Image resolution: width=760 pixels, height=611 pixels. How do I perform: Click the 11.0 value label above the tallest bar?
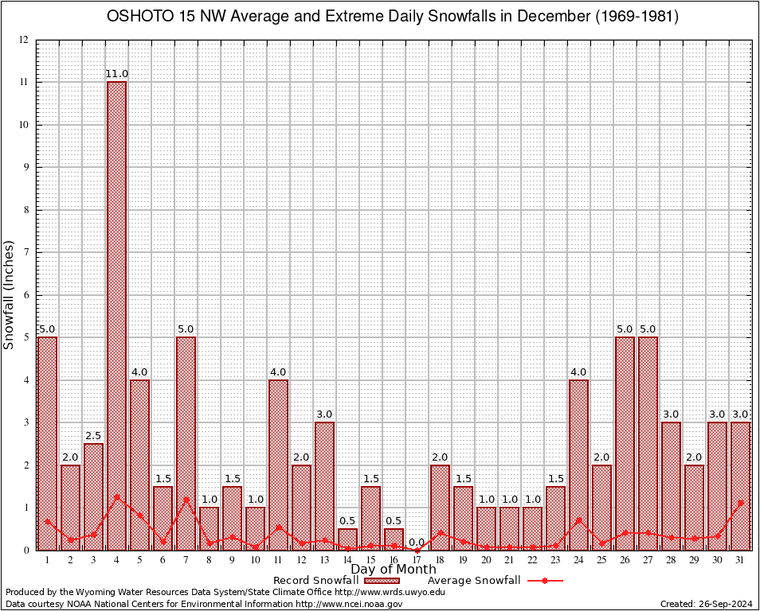point(117,74)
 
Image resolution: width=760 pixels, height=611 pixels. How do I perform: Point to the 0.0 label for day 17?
point(417,543)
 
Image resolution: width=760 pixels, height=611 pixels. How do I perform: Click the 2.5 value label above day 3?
point(93,436)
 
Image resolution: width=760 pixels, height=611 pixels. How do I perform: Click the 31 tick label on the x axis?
point(741,560)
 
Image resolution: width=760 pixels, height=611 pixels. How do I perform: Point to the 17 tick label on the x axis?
point(417,560)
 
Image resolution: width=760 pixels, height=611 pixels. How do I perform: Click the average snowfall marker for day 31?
point(741,503)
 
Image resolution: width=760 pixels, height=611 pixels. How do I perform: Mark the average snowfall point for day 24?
point(578,520)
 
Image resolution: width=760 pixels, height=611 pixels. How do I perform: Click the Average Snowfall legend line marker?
point(545,581)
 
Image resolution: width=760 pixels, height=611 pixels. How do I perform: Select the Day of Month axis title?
point(394,570)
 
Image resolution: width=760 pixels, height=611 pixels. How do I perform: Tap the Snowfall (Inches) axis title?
point(9,294)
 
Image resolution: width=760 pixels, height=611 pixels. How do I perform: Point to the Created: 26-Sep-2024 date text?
point(707,604)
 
